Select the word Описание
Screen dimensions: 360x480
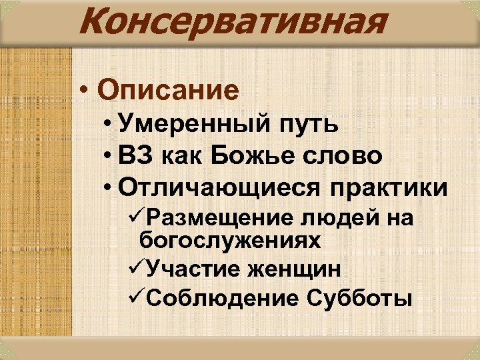[167, 89]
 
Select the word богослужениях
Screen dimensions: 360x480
[230, 241]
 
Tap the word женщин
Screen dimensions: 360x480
[293, 270]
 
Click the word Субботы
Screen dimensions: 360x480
[359, 299]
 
